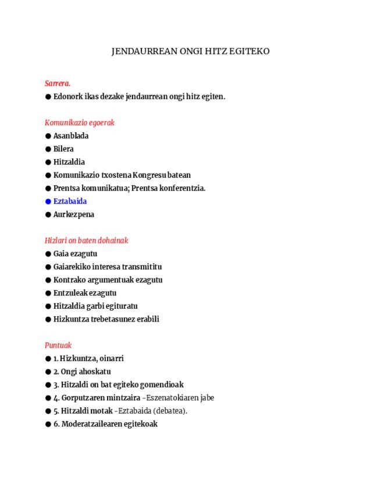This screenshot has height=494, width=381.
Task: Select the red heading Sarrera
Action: (x=58, y=83)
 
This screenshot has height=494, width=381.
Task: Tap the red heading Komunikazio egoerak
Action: (x=80, y=122)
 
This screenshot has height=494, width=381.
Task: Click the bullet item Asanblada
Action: (x=71, y=136)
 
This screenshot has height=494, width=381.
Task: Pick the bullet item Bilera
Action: (x=63, y=149)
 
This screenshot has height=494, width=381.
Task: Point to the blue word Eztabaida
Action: (x=70, y=201)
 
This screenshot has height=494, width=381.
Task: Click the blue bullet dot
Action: (x=48, y=202)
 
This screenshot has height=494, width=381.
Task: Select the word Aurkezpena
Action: (x=74, y=214)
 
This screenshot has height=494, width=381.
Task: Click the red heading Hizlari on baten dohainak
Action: (x=86, y=240)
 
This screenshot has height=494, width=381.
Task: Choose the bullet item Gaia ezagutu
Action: (x=75, y=253)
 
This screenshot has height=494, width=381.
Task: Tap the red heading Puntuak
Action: (x=58, y=345)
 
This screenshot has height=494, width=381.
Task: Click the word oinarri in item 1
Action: (x=112, y=358)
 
